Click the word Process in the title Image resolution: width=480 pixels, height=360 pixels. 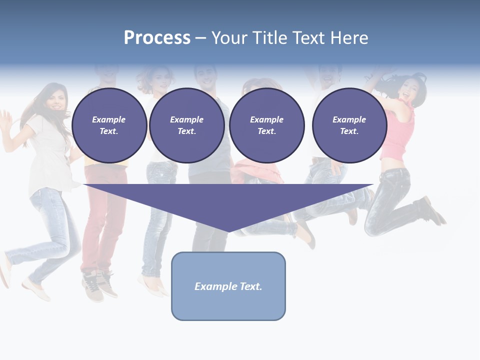point(157,38)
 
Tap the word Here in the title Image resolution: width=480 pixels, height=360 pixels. point(348,38)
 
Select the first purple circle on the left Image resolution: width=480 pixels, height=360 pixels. point(109,125)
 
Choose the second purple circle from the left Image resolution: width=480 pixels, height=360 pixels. point(186,125)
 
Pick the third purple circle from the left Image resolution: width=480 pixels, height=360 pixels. point(266,125)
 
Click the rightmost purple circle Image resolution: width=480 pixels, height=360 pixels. point(349,125)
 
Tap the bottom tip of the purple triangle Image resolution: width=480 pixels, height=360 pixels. point(228,231)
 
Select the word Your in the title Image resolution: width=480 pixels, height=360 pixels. point(231,38)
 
